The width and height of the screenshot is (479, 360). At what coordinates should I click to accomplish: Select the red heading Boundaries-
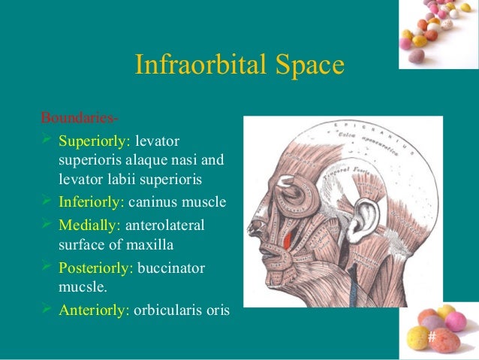(79, 119)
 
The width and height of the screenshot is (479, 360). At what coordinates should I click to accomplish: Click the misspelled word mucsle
(82, 286)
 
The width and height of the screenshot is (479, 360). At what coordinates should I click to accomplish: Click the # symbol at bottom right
(431, 336)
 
